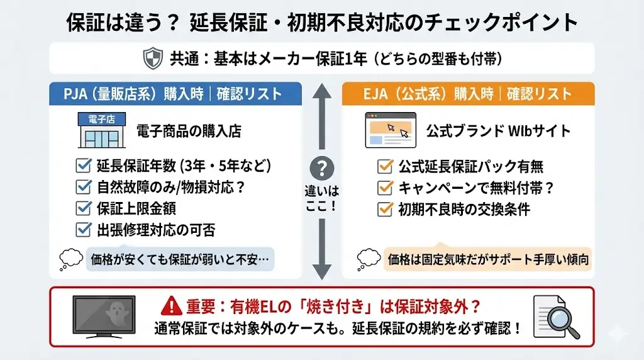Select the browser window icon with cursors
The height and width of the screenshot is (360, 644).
(390, 130)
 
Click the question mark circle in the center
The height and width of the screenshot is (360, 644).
(323, 168)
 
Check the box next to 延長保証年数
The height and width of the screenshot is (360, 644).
(83, 166)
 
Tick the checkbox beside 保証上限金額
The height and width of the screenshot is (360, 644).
(83, 208)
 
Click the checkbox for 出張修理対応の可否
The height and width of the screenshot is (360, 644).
(83, 230)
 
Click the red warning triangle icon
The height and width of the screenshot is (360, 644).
(171, 307)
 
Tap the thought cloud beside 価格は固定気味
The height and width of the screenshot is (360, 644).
(369, 258)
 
